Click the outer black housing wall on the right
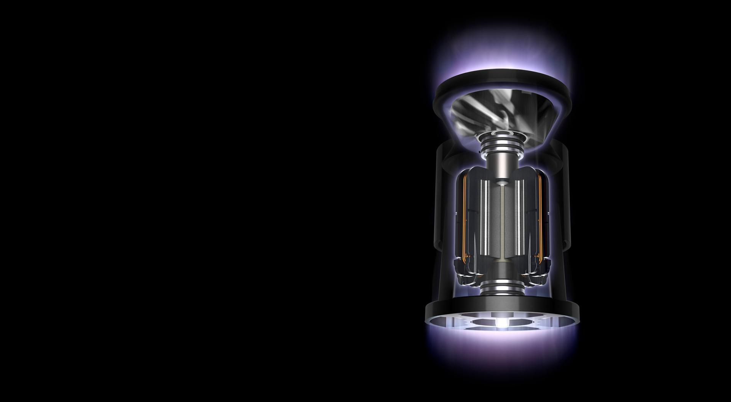point(563,229)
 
